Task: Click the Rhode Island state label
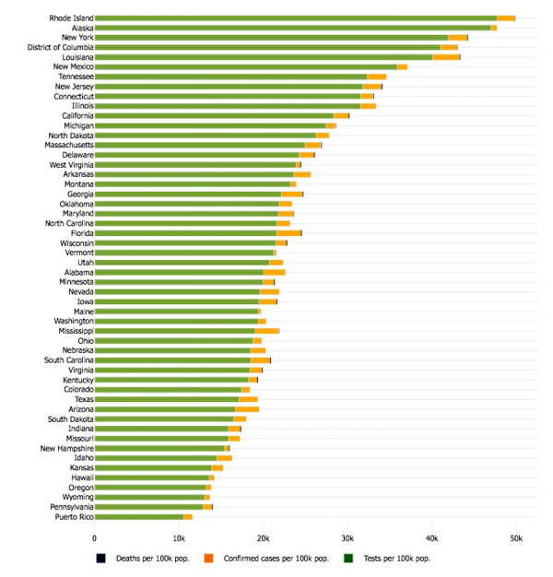pos(65,18)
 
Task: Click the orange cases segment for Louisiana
pos(446,57)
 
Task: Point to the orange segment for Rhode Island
pos(506,18)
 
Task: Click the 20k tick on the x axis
pos(263,536)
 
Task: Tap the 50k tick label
pos(515,536)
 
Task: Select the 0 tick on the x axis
pos(94,536)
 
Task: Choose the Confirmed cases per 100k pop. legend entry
pos(273,558)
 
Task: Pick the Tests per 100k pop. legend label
pos(399,558)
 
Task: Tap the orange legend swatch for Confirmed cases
pos(210,558)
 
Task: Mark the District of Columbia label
pos(49,47)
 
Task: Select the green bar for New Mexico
pos(245,66)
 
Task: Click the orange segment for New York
pos(457,38)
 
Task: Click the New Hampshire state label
pos(62,448)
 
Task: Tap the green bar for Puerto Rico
pos(138,517)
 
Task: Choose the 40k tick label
pos(430,536)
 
